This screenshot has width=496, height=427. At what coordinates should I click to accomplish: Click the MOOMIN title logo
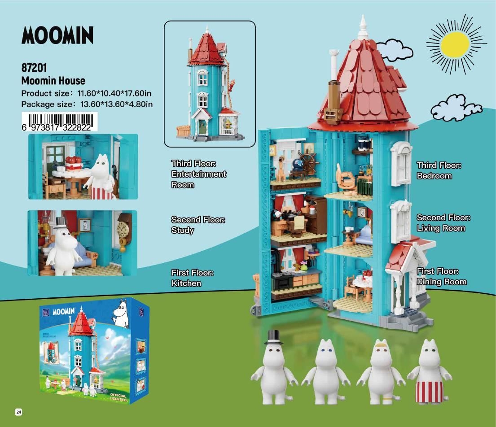point(57,35)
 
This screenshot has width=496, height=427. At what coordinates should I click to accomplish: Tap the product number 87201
point(34,68)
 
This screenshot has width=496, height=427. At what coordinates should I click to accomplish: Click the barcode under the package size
point(59,122)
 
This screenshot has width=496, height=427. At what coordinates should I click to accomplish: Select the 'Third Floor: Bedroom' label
point(439,170)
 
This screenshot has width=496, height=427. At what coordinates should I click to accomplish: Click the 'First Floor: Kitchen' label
point(192,278)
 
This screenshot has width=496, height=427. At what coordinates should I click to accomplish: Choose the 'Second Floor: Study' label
point(198,225)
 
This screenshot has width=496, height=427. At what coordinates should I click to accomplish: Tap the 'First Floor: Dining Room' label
point(441,276)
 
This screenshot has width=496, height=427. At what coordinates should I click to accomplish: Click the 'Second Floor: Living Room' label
point(443,222)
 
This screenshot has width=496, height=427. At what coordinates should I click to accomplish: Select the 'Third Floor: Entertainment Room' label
point(198,174)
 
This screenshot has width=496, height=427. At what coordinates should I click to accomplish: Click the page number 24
point(18,412)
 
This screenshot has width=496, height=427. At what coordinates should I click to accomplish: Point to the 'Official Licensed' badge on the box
point(118,397)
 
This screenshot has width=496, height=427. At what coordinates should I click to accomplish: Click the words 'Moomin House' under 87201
point(53,81)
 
